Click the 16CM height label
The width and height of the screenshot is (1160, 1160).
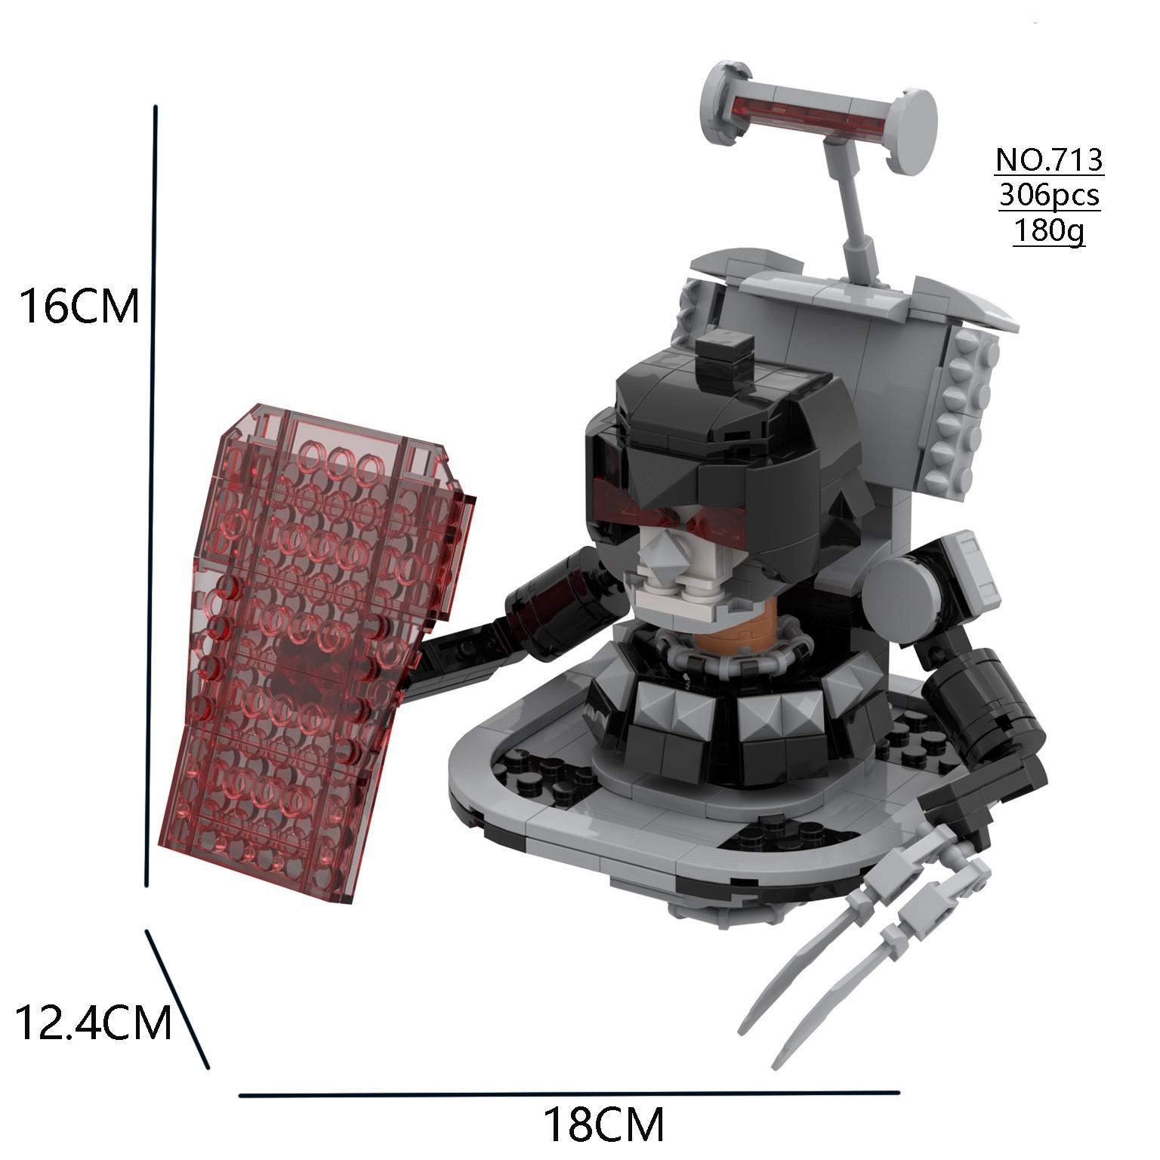point(79,307)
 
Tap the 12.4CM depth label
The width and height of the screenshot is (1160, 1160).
point(93,1023)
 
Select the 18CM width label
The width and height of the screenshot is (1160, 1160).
point(603,1125)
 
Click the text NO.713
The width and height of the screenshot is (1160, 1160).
point(1049,160)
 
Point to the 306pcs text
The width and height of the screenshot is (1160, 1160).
point(1049,195)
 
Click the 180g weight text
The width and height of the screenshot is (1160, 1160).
point(1049,229)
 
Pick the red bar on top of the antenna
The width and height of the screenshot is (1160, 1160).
point(808,113)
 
